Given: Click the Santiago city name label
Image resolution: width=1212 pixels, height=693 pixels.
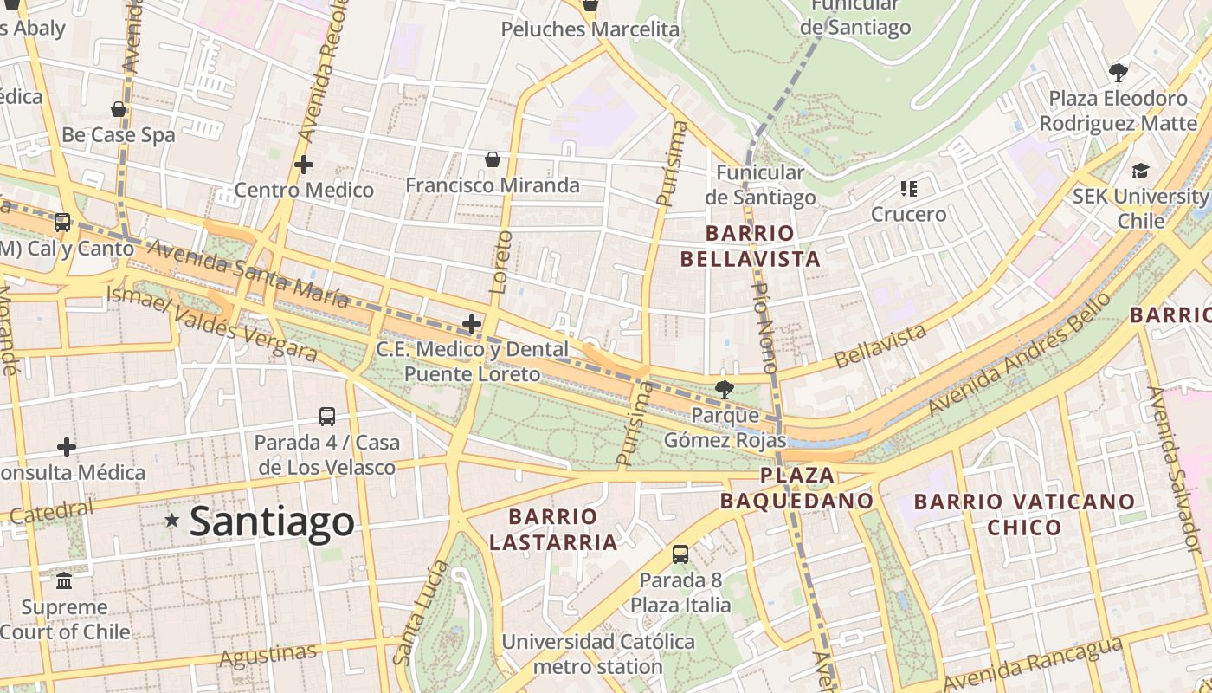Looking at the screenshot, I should click(x=272, y=521).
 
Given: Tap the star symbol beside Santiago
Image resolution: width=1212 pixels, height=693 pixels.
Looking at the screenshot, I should click(x=172, y=520).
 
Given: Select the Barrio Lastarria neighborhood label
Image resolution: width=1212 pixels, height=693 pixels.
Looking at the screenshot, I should click(x=553, y=529).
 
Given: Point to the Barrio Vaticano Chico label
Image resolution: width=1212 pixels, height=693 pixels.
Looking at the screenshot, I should click(x=1024, y=514).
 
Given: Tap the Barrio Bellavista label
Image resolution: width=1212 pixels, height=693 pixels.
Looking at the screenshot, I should click(x=750, y=246).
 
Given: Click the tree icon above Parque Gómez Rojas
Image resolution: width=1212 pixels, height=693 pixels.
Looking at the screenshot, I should click(x=724, y=389).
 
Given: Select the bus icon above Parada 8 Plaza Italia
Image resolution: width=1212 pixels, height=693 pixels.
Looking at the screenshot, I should click(x=680, y=554).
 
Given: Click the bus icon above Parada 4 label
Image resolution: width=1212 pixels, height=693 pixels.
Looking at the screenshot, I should click(x=327, y=417).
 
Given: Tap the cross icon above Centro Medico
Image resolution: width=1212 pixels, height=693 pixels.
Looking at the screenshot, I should click(x=304, y=164).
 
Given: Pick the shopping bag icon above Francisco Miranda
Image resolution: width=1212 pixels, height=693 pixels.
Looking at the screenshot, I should click(x=493, y=159).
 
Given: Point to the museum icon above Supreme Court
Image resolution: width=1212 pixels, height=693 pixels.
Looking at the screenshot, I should click(x=65, y=580).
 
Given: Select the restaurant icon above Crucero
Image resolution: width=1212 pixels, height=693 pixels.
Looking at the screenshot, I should click(x=908, y=188).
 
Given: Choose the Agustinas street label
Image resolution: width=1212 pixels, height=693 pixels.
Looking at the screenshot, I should click(x=268, y=655).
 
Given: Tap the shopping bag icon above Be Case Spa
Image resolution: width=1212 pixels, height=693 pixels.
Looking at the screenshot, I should click(x=119, y=109).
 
